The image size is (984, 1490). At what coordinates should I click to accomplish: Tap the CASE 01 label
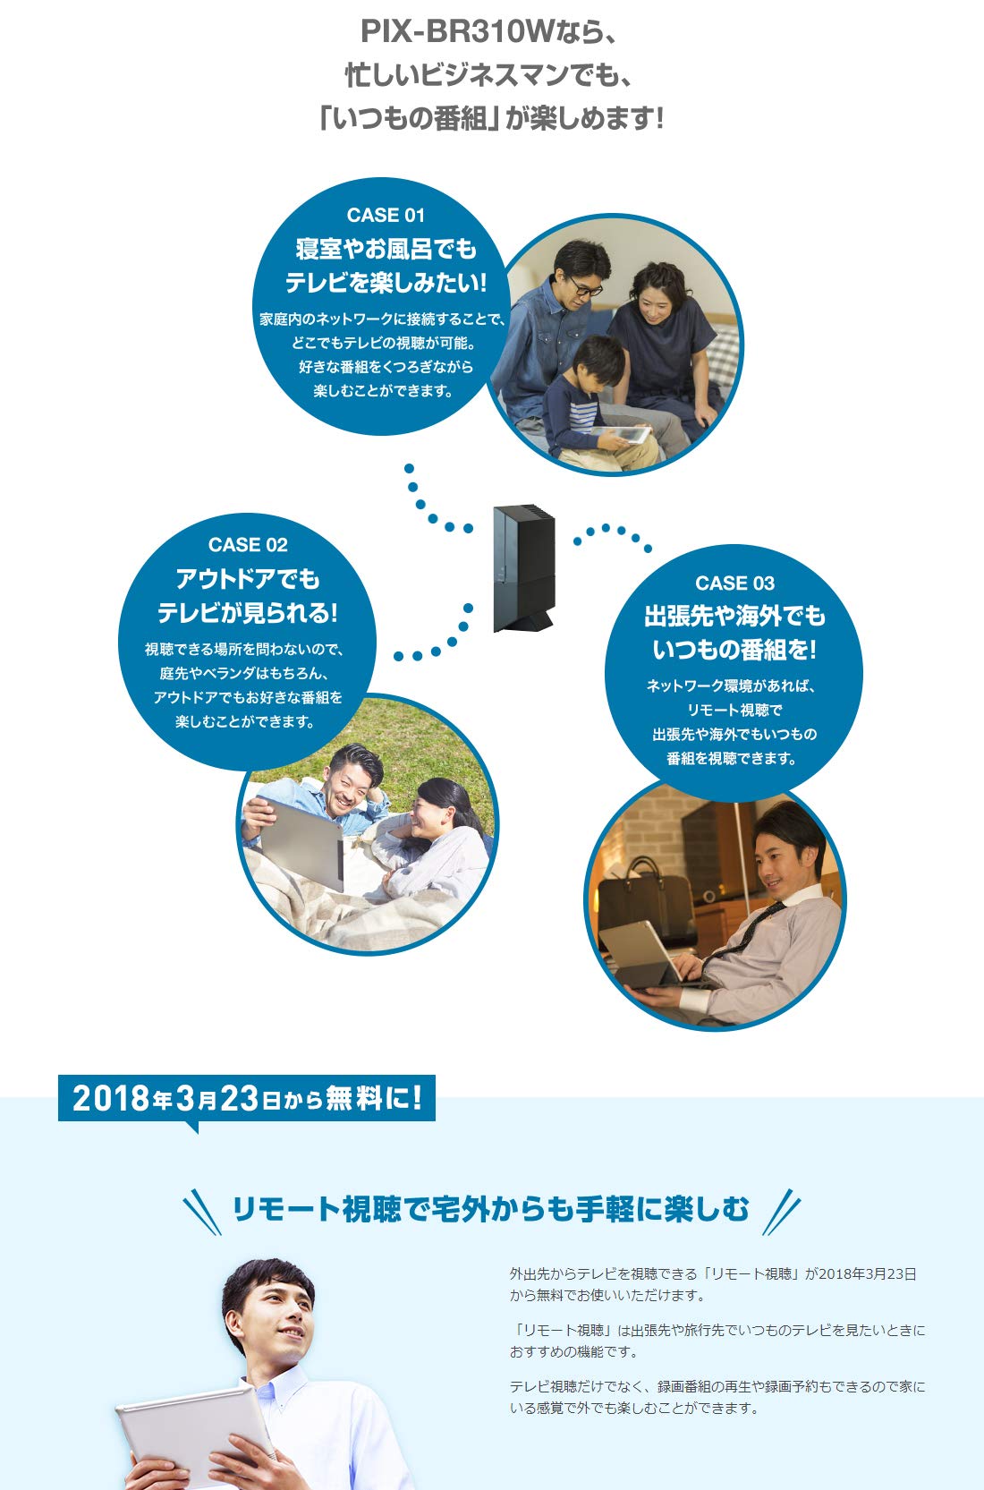[386, 215]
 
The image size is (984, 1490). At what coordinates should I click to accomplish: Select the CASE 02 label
[248, 545]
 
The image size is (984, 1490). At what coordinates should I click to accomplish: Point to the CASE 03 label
[734, 583]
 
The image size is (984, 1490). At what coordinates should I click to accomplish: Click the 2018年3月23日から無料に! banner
[247, 1098]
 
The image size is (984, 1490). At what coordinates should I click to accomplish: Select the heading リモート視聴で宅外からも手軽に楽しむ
[490, 1209]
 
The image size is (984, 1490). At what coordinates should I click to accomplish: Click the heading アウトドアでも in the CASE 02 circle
[248, 579]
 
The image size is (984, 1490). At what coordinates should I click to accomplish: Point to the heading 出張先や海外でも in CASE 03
[734, 617]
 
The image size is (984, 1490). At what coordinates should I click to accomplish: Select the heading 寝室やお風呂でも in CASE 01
[386, 249]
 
